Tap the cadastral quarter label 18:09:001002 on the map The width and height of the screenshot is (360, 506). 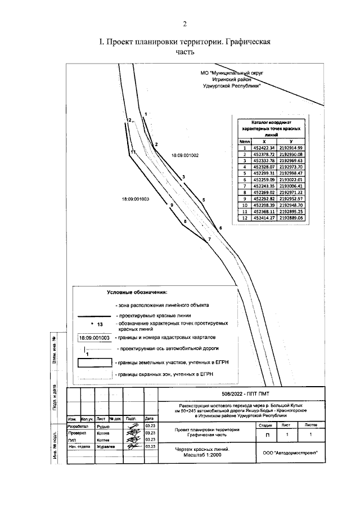(x=185, y=155)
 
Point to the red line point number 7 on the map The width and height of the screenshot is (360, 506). (x=209, y=239)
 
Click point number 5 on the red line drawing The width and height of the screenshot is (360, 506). (x=204, y=200)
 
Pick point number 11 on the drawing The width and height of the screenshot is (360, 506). (x=133, y=152)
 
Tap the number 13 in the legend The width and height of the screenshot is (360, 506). (x=100, y=325)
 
